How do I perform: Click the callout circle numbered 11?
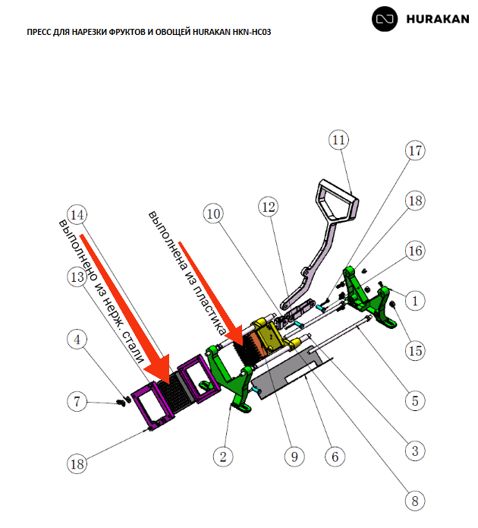click(338, 141)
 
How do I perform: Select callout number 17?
click(414, 152)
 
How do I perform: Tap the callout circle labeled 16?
click(414, 250)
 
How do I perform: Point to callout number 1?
click(414, 301)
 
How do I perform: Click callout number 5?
click(414, 400)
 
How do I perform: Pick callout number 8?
click(414, 501)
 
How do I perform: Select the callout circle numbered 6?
click(335, 456)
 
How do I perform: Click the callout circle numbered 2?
click(222, 456)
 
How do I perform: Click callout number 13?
click(75, 278)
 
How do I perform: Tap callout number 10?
click(215, 215)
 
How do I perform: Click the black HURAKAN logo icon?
click(386, 21)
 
